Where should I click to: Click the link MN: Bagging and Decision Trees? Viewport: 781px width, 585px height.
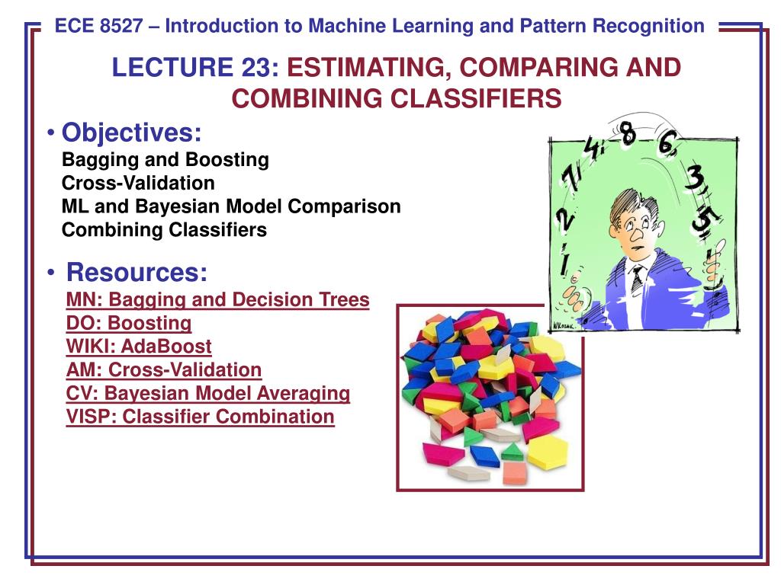217,300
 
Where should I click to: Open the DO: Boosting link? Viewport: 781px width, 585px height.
128,323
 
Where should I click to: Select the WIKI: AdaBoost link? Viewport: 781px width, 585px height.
139,347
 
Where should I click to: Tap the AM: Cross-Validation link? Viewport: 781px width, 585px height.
164,369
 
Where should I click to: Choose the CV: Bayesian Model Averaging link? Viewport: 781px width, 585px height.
208,394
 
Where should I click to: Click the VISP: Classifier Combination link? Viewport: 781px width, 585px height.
201,417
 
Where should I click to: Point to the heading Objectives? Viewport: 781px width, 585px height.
131,133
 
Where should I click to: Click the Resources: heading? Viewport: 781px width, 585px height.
137,272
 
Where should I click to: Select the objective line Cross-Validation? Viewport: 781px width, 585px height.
138,183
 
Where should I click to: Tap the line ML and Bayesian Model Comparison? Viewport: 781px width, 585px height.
231,206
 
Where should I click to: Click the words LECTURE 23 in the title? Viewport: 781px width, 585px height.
195,67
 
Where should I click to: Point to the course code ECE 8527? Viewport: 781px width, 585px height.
98,26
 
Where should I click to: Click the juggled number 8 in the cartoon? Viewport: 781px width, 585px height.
628,133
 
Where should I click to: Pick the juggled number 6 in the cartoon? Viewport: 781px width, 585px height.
667,142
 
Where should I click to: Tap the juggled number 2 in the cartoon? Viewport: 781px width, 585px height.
564,219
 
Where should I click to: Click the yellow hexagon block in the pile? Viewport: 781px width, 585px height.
547,452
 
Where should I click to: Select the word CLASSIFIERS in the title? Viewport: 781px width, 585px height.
476,98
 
